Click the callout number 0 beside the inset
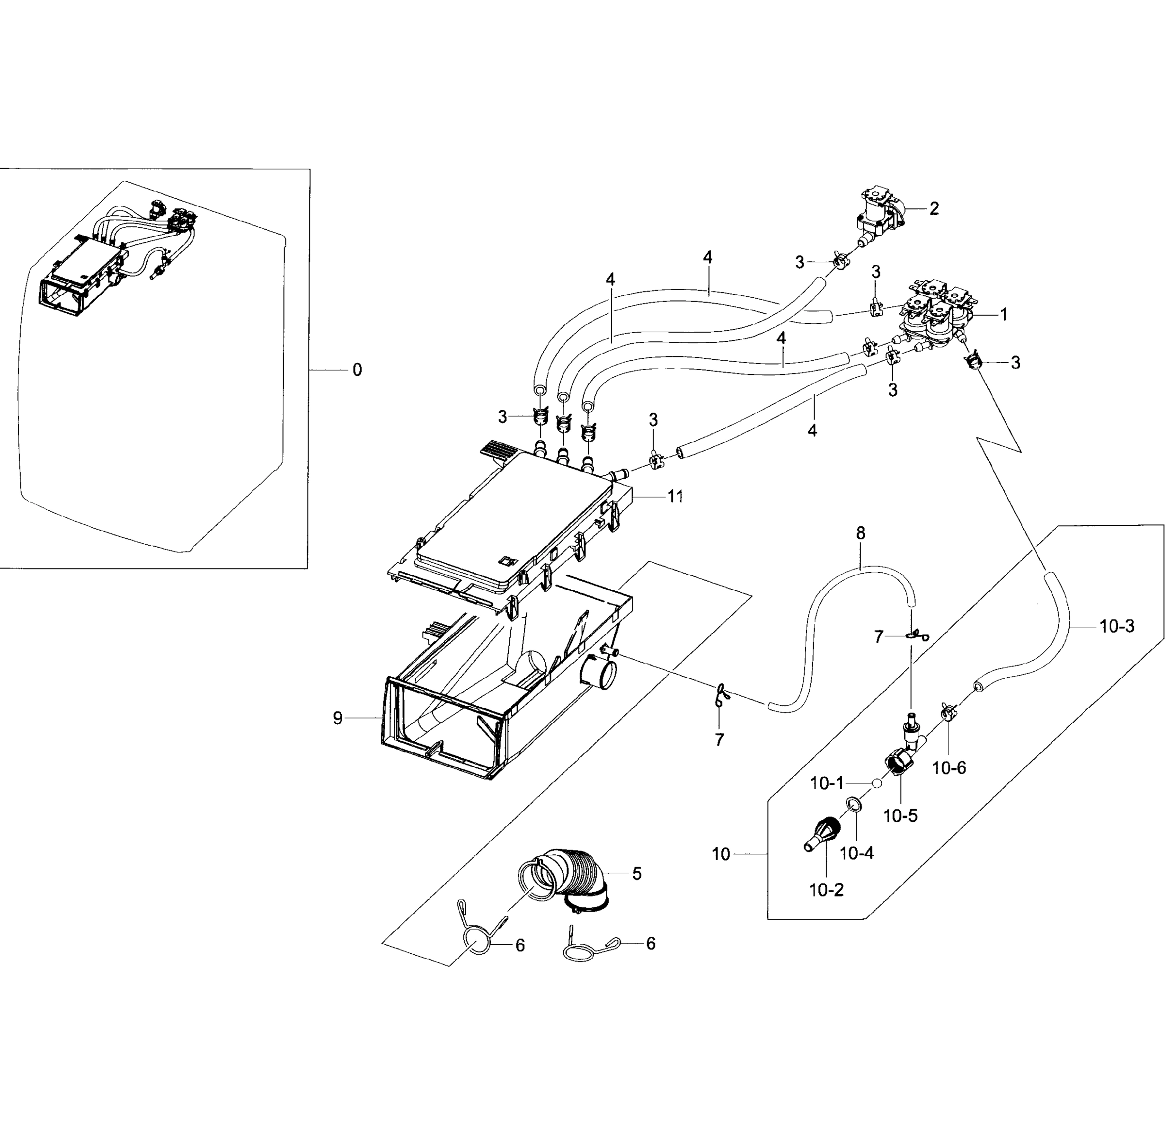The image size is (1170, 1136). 357,370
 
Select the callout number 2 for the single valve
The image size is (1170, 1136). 934,208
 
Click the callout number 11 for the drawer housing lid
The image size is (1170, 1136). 675,496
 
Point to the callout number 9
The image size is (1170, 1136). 338,719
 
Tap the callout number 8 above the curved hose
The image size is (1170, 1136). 860,533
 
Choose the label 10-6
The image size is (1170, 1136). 949,768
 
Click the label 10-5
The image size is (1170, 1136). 900,816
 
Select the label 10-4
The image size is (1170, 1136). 857,853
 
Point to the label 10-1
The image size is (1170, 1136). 827,784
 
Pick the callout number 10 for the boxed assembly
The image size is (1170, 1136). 721,854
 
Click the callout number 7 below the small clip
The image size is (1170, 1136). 719,740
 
